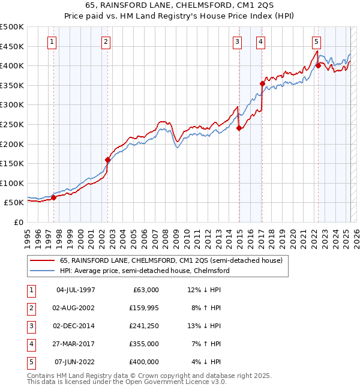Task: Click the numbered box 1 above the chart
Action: click(52, 42)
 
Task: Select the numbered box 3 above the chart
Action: click(238, 42)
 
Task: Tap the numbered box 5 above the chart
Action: click(316, 42)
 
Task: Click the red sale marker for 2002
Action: click(108, 160)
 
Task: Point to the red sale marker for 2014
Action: click(239, 127)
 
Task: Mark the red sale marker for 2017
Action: click(262, 83)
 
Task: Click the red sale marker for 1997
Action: click(53, 197)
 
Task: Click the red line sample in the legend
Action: click(42, 260)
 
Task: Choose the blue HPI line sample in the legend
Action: click(42, 271)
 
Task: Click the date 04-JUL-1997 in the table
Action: click(75, 290)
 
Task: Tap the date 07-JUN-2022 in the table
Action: click(75, 362)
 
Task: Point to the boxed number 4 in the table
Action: click(31, 344)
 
